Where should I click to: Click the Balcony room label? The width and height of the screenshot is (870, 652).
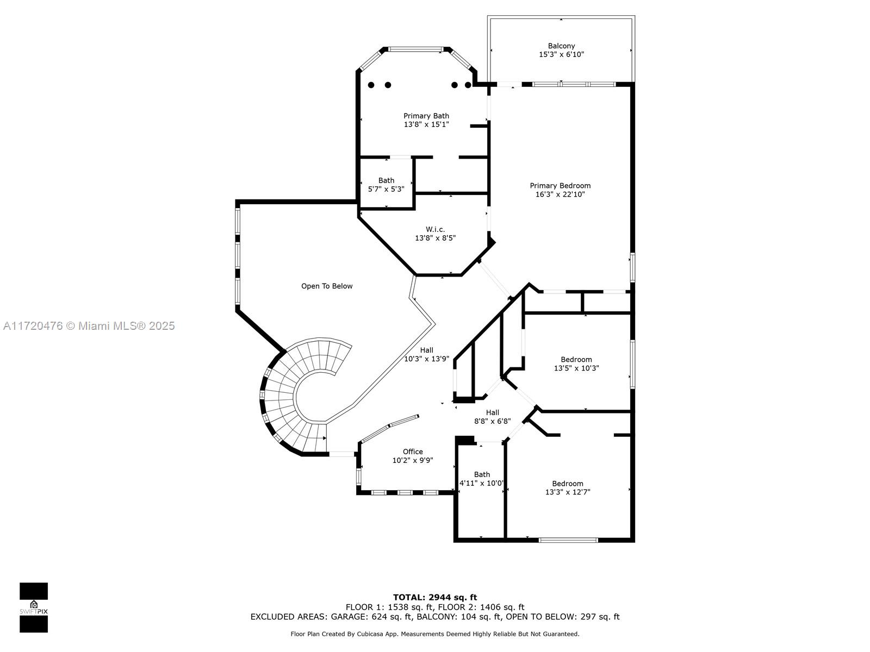[561, 46]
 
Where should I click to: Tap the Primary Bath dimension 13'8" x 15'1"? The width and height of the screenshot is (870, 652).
[426, 124]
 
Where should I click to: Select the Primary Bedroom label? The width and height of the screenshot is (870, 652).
[560, 186]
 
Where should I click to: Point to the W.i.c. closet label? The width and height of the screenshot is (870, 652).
[435, 229]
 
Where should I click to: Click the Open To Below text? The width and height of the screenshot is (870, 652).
[327, 286]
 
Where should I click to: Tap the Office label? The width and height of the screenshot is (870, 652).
[413, 452]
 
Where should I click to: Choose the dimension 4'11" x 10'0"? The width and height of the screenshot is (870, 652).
[481, 483]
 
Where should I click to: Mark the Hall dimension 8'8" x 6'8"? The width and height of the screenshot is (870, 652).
[492, 421]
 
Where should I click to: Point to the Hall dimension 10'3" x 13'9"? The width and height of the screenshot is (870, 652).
[426, 359]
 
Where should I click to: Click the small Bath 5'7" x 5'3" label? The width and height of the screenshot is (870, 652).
[386, 185]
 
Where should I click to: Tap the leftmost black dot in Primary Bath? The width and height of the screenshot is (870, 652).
[371, 85]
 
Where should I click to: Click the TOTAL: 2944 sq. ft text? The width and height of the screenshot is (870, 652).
[435, 597]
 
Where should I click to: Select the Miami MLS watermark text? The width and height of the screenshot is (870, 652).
[89, 326]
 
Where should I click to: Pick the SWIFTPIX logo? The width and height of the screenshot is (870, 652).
[34, 607]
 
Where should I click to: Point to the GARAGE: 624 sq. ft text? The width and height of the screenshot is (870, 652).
[370, 617]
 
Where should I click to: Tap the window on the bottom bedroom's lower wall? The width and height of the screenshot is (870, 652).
[568, 540]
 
